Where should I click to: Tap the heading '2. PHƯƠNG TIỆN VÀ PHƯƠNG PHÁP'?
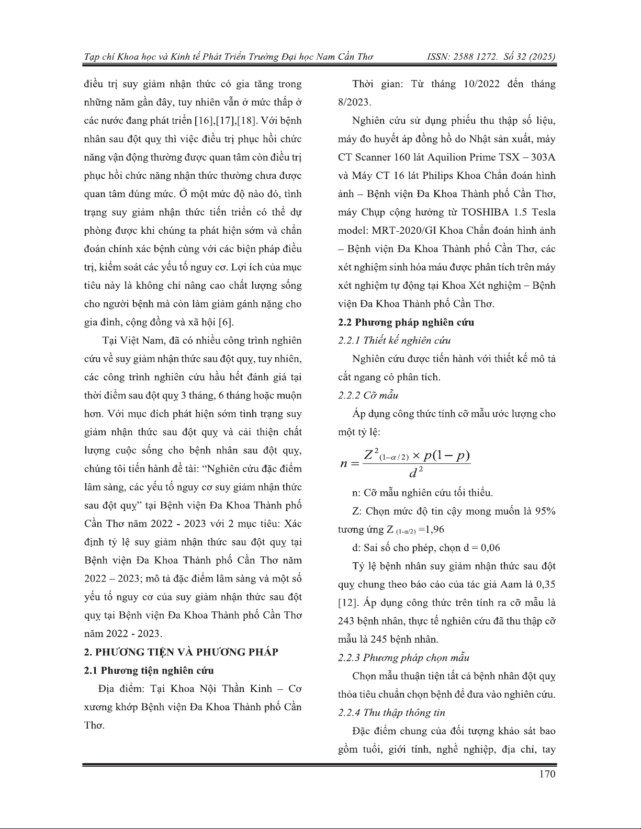pyautogui.click(x=181, y=652)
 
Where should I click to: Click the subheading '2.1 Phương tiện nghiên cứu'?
pyautogui.click(x=149, y=671)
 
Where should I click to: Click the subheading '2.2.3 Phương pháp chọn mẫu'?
pyautogui.click(x=404, y=658)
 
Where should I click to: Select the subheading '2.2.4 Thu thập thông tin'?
pyautogui.click(x=392, y=713)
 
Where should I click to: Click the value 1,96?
pyautogui.click(x=435, y=530)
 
